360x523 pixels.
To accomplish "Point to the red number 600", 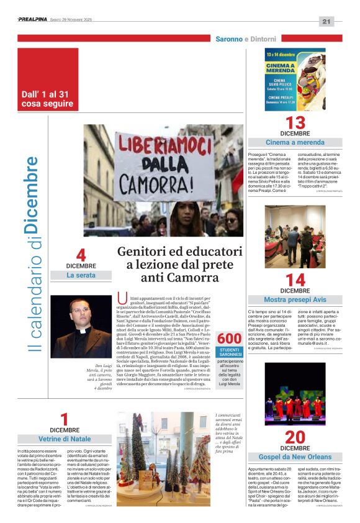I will (230, 338).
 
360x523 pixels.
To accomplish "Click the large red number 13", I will (295, 122).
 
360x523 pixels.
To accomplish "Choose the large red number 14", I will (295, 280).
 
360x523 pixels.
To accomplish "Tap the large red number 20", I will (295, 437).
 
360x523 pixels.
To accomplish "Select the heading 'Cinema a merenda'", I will (295, 143).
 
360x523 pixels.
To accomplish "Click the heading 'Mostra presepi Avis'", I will (295, 300).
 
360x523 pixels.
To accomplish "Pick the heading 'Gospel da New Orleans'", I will (295, 457).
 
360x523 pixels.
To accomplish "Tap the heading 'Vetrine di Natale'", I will (64, 439).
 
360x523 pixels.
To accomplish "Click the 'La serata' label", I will (81, 275).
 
